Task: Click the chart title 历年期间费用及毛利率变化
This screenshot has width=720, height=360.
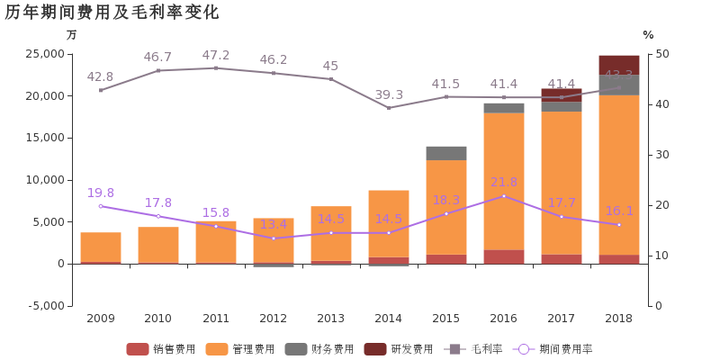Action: pos(112,12)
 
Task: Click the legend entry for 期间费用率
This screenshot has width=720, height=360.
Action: pos(553,349)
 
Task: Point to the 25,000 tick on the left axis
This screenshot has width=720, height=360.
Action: pos(44,54)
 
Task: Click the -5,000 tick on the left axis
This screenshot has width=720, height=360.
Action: pos(44,306)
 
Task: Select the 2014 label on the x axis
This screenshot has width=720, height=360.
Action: pos(389,319)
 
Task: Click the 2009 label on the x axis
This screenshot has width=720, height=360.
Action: pos(101,319)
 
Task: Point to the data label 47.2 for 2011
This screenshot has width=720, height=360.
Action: pos(216,56)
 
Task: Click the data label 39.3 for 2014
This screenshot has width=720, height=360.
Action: pos(389,94)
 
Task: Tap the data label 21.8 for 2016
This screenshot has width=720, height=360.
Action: pos(504,183)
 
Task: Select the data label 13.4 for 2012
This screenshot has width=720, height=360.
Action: pos(274,224)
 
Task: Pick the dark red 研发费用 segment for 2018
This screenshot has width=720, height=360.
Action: pos(619,65)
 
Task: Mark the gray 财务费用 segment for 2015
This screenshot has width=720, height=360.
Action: pos(446,153)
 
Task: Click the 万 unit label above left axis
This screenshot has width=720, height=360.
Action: pos(72,35)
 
